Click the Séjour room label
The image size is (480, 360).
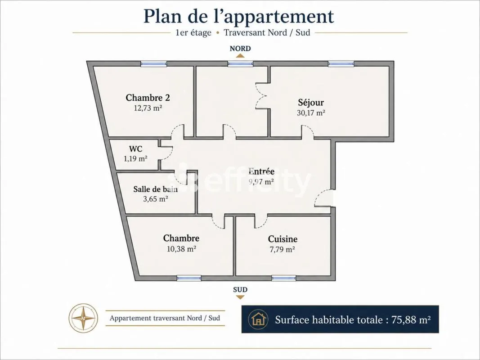point(311,102)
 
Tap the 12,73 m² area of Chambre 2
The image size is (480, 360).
point(148,108)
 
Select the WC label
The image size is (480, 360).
point(135,149)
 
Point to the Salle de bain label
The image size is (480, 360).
point(156,189)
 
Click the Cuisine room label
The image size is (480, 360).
point(283,239)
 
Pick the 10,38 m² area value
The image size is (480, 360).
point(181,249)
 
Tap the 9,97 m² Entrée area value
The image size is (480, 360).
point(261,182)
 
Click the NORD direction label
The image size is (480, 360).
point(240,48)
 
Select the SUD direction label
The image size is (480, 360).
point(240,290)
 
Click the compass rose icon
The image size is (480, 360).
point(83,318)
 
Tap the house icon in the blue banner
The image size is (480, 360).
point(259,319)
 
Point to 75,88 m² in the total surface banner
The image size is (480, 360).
point(411,319)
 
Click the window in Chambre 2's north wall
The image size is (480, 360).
point(154,64)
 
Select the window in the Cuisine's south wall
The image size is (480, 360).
point(284,278)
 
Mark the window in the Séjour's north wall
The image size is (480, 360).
point(341,64)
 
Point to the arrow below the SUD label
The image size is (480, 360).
point(240,297)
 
